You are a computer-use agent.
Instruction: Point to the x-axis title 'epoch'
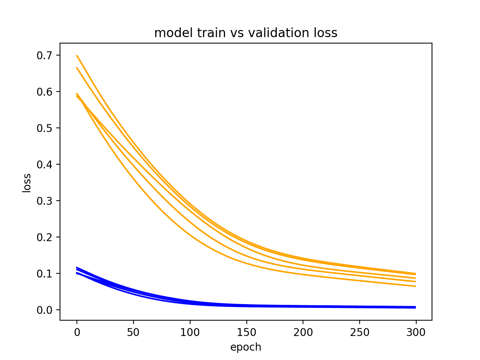246,347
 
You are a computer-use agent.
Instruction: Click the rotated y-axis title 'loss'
27,183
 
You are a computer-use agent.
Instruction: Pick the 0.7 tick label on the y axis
44,55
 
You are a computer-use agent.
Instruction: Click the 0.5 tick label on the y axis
44,128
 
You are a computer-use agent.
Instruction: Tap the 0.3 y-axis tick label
44,201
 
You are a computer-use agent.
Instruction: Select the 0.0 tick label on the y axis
44,310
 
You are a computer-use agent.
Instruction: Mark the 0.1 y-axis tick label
44,274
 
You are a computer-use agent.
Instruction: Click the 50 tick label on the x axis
133,332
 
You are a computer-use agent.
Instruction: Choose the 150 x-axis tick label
246,332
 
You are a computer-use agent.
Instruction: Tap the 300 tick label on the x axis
416,332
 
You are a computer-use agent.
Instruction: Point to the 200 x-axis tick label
303,332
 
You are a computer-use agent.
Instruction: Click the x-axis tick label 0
77,332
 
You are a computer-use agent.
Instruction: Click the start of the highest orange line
77,55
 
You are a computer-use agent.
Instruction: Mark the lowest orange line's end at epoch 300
415,286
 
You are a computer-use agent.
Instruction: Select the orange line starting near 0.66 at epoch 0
77,68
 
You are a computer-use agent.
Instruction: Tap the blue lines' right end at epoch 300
415,307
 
